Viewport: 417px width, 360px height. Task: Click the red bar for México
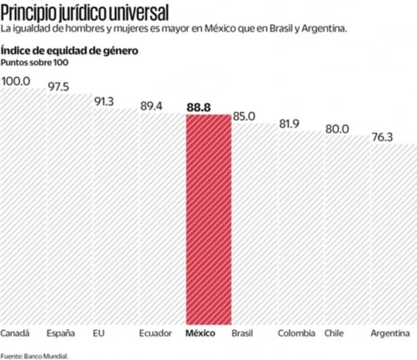point(208,219)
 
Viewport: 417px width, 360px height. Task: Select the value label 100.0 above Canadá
point(16,81)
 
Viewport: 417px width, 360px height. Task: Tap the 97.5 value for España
point(58,87)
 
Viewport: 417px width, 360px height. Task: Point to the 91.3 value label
point(104,102)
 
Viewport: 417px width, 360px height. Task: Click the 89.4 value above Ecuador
point(151,106)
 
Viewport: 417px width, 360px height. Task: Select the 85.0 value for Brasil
point(244,116)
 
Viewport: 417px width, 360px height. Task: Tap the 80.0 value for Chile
point(337,129)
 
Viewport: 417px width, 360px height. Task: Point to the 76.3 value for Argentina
point(383,138)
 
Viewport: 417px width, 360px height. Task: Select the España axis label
point(61,333)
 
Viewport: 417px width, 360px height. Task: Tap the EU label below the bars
point(99,333)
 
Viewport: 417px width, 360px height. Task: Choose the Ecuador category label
point(155,333)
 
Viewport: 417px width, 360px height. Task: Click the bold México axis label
point(201,333)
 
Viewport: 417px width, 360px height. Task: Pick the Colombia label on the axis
point(296,333)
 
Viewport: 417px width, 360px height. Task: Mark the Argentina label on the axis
point(390,333)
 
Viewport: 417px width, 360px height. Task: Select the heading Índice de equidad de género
point(70,51)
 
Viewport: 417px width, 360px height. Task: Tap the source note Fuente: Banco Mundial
point(34,355)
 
